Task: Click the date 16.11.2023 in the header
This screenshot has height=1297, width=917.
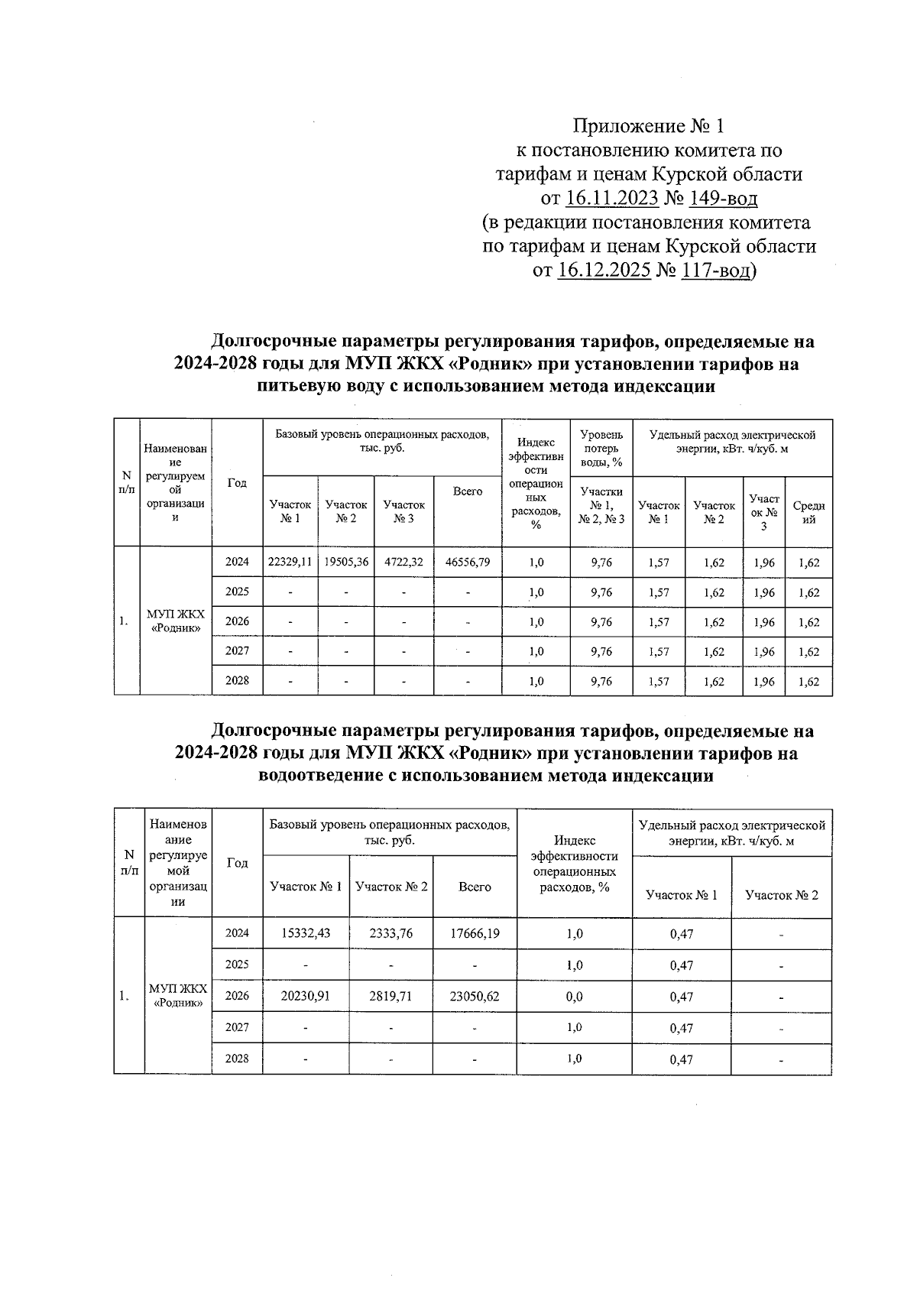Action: [612, 199]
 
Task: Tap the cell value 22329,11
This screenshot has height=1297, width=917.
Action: [290, 562]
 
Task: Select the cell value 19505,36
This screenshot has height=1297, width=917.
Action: [346, 562]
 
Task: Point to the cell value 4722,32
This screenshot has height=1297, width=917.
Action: [403, 562]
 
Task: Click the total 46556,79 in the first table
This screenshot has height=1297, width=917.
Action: [468, 562]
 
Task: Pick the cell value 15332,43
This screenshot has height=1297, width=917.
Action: [306, 933]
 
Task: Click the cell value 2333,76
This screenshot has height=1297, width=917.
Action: [391, 933]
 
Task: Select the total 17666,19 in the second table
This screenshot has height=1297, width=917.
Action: [475, 933]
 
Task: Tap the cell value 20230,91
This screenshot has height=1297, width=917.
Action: [306, 996]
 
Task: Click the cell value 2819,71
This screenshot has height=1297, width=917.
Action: [391, 996]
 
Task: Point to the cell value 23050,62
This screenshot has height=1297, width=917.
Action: [475, 996]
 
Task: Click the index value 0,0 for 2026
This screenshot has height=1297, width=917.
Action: [575, 996]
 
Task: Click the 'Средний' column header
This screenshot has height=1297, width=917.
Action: [808, 512]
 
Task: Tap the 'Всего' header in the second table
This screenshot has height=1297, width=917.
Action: [475, 887]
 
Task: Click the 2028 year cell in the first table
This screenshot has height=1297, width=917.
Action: [237, 680]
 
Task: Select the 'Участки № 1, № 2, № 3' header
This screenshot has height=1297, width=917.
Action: [601, 505]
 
